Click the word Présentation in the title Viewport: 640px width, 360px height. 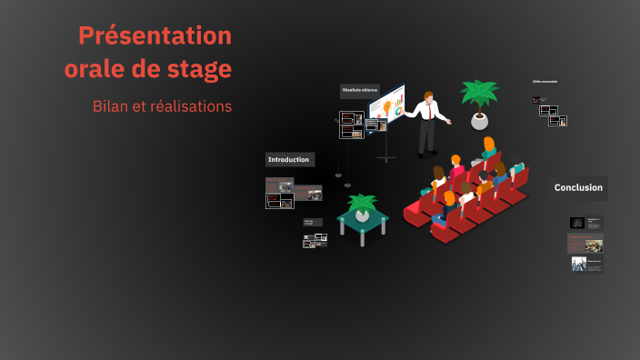(155, 36)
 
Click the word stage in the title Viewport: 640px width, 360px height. (199, 69)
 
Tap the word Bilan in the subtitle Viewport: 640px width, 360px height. (111, 106)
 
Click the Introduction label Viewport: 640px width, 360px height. (289, 160)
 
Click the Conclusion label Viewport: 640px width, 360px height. (579, 188)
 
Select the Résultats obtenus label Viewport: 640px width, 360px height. (359, 91)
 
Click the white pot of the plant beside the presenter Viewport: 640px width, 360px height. (479, 121)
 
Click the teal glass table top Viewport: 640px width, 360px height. (363, 219)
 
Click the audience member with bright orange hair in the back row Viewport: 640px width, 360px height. (489, 145)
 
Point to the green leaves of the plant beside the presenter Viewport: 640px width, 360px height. (479, 93)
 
